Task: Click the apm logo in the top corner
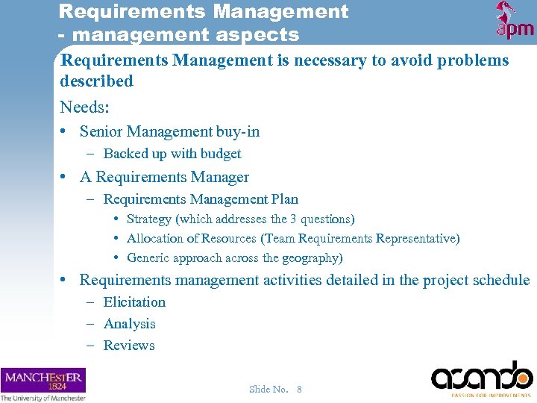tap(515, 21)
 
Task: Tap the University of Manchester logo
tap(43, 384)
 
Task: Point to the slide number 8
tap(299, 389)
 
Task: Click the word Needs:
tap(85, 106)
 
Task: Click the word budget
tap(221, 154)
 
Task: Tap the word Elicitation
tap(134, 302)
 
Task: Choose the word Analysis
tap(130, 324)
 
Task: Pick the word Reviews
tap(129, 346)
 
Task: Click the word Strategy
tap(149, 219)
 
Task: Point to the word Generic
tap(148, 258)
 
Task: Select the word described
tap(96, 81)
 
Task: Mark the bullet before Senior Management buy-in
tap(65, 132)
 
